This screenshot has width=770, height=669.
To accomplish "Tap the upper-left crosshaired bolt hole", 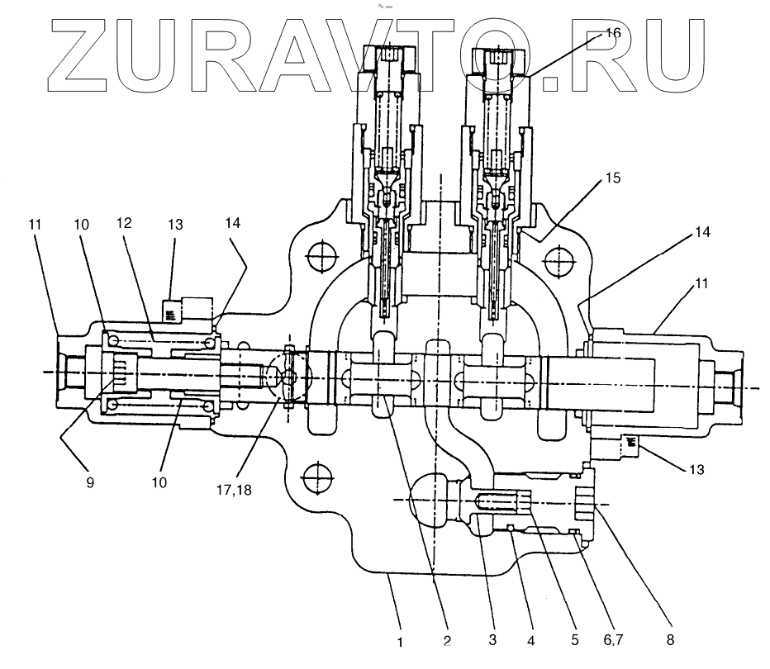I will click(318, 256).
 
